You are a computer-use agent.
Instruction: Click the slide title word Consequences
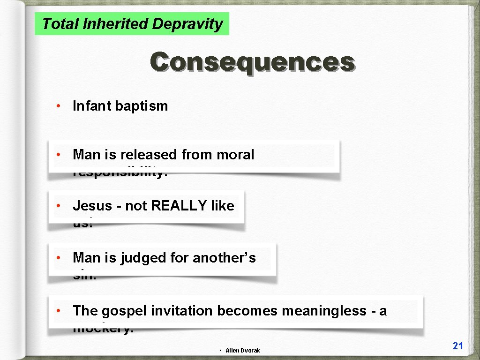click(252, 62)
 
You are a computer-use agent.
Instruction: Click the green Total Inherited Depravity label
click(132, 23)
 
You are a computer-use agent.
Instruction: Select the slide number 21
click(458, 346)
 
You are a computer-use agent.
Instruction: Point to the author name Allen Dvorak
click(242, 351)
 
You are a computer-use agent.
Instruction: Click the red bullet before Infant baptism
click(57, 105)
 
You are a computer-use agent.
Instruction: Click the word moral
click(235, 155)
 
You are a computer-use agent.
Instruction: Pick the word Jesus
click(92, 206)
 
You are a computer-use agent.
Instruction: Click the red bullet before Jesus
click(57, 205)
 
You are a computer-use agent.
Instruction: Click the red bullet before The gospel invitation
click(57, 310)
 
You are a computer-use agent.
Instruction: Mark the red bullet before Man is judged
click(57, 257)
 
